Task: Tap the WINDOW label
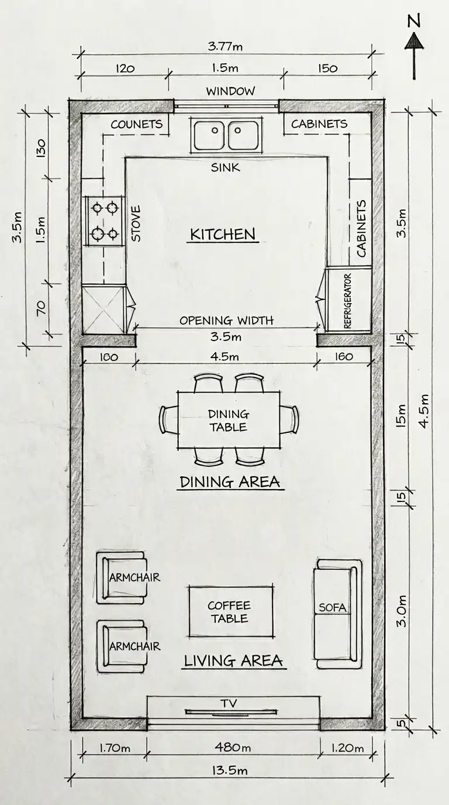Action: (230, 91)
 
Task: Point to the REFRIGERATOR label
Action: (348, 300)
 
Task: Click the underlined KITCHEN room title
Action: (223, 235)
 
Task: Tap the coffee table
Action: (230, 612)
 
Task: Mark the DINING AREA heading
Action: (230, 483)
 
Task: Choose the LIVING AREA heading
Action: (233, 662)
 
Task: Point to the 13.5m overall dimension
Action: (229, 770)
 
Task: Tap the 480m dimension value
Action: (232, 748)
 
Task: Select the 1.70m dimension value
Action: (115, 748)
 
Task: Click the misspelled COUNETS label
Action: (136, 124)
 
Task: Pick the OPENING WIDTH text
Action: (226, 321)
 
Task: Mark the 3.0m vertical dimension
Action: (402, 611)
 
